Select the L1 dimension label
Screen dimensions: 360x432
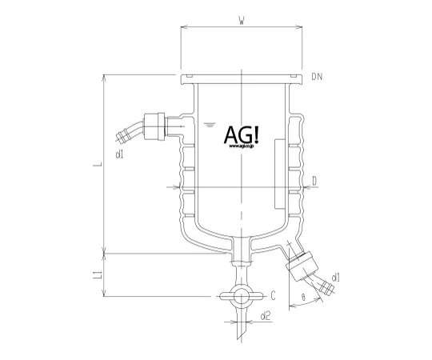coord(96,276)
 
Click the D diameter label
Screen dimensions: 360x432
coord(315,182)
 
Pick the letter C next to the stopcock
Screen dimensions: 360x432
coord(274,294)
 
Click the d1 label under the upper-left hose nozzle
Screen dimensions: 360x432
coord(120,152)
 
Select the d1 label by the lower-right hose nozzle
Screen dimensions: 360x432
coord(335,278)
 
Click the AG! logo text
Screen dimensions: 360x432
coord(241,135)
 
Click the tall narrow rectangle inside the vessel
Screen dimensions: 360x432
coord(278,171)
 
